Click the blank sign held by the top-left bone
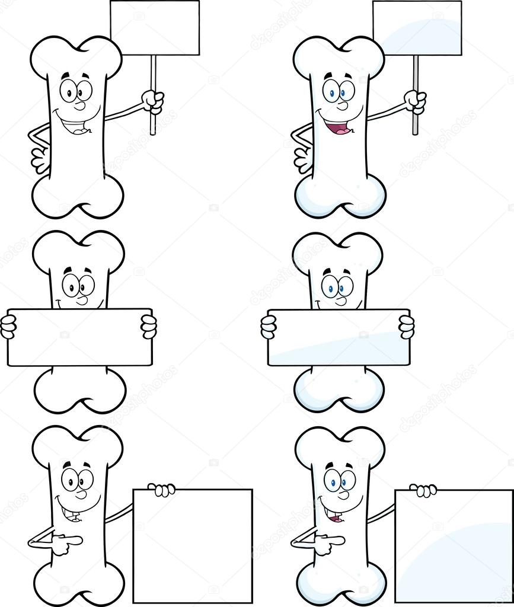coord(155,28)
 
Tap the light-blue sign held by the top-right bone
coord(417,28)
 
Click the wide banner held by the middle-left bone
coord(79,337)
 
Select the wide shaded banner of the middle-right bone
coord(338,337)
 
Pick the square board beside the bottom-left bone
coord(193,545)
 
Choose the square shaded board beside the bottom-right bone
coord(454,545)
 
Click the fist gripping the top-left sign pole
coord(154,101)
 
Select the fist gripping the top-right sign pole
coord(416,101)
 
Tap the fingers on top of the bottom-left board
coord(161,489)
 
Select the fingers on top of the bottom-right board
coord(423,490)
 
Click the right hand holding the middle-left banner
coord(149,326)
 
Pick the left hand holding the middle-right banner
coord(269,327)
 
